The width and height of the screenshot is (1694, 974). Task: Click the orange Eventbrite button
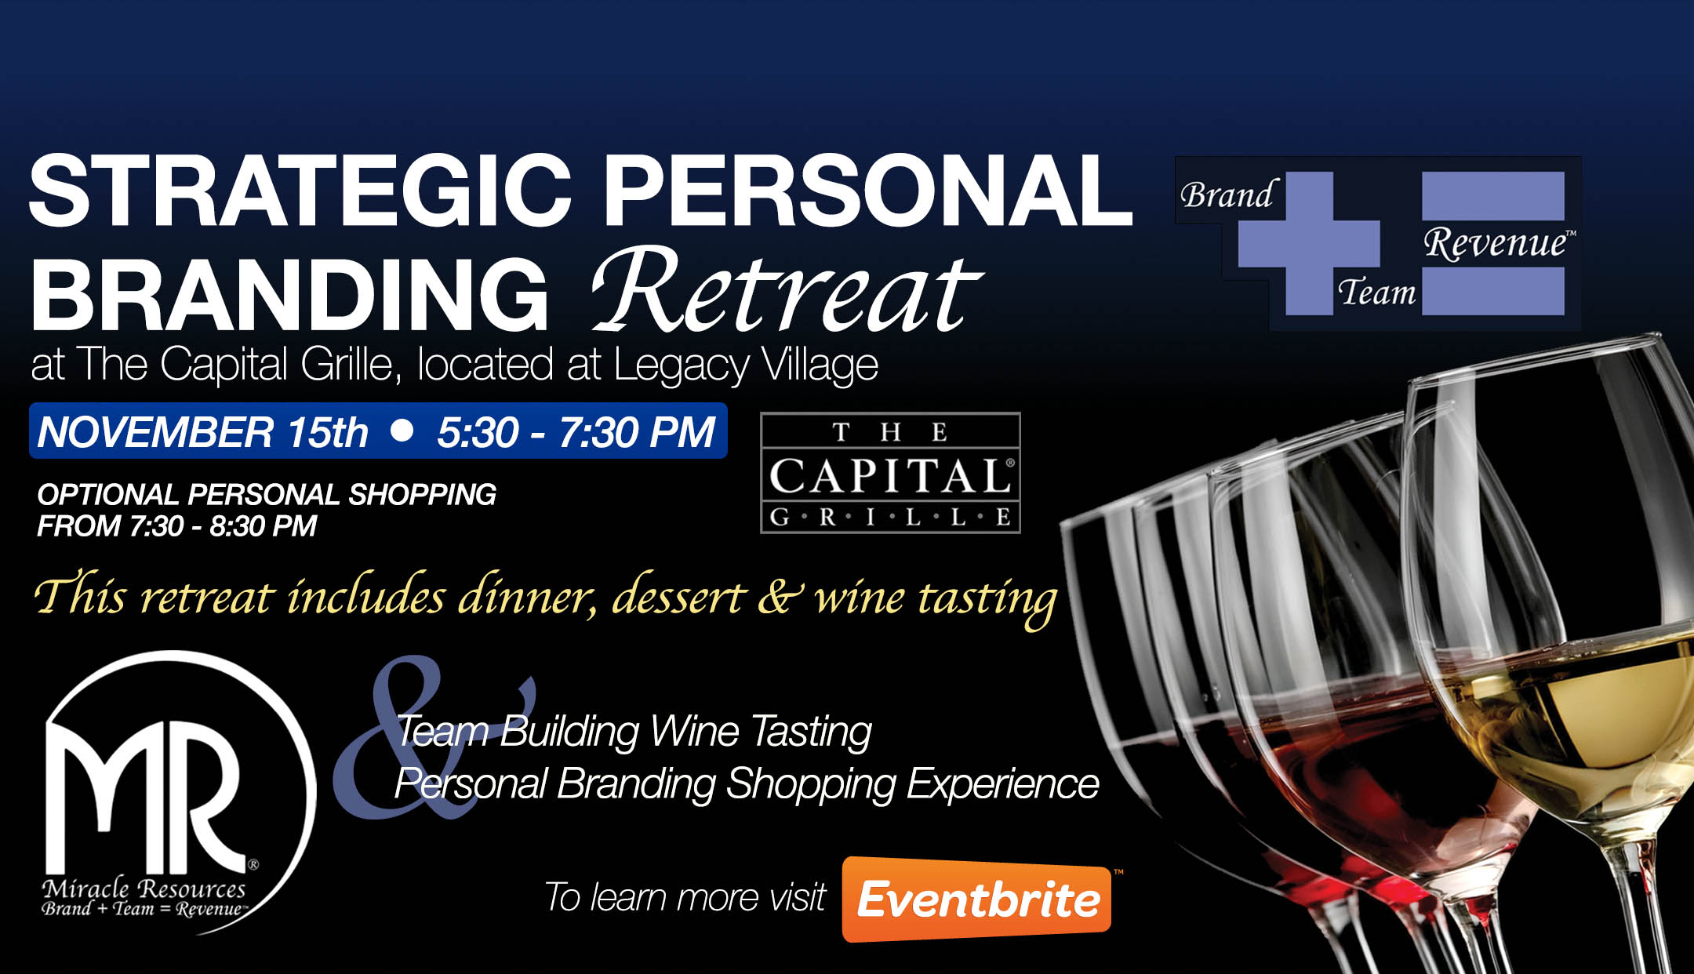pos(976,899)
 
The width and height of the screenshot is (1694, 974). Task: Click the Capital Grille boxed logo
pos(890,473)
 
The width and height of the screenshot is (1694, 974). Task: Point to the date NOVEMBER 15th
pos(202,432)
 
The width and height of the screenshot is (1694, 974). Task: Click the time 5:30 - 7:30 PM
pos(576,432)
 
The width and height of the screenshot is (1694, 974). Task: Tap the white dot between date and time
pos(402,430)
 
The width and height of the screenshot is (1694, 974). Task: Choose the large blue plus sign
pos(1308,243)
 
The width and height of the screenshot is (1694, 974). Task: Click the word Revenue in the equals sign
pos(1496,243)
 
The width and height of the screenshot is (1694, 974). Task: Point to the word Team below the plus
pos(1377,293)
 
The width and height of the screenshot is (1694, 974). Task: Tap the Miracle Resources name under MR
pos(144,889)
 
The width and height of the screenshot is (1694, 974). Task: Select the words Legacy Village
pos(746,365)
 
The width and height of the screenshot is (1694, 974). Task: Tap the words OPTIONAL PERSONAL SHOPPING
pos(267,495)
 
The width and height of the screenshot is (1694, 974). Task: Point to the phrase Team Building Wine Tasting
pos(634,732)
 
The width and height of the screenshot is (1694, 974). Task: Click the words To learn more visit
pos(685,897)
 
